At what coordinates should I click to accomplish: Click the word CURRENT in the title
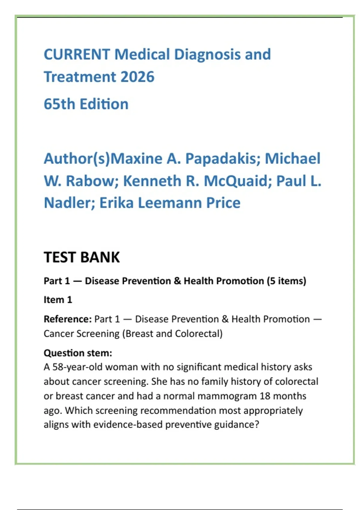[77, 55]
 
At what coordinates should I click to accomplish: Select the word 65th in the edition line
[59, 104]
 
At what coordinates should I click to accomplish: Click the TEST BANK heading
[82, 257]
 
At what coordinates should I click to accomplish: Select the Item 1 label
[58, 300]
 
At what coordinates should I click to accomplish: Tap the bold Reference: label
[67, 319]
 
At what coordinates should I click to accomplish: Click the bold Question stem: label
[78, 353]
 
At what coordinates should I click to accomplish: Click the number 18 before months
[265, 396]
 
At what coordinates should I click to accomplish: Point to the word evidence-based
[128, 425]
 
